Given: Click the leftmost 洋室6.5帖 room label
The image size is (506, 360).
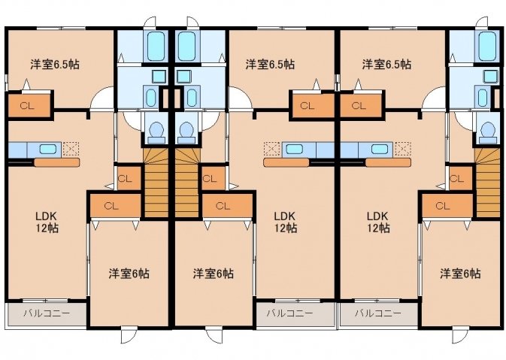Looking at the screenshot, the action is click(x=55, y=65).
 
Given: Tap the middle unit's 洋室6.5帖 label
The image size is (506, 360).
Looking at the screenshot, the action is click(x=270, y=65).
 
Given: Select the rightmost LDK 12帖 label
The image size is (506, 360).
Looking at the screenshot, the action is click(x=377, y=222).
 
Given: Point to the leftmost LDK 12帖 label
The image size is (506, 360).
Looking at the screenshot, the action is click(x=47, y=222).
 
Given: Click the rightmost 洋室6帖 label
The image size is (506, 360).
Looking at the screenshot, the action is click(x=460, y=274).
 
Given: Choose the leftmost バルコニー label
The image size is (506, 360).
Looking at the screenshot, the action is click(x=47, y=313).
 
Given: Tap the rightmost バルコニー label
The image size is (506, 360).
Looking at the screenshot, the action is click(x=378, y=313).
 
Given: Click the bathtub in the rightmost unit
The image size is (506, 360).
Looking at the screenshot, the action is click(x=487, y=46).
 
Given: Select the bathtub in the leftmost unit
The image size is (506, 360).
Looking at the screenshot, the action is click(x=156, y=46).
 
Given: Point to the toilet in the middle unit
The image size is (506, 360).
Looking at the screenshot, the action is click(x=186, y=132).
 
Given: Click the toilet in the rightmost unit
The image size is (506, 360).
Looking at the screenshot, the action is click(x=488, y=132).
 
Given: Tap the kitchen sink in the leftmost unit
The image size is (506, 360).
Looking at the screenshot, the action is click(x=48, y=149).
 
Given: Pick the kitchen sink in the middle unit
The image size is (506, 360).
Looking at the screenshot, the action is click(x=294, y=149).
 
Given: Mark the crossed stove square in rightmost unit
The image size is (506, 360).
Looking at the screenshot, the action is click(x=403, y=149).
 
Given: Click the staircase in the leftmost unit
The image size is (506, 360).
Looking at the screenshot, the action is click(x=156, y=183).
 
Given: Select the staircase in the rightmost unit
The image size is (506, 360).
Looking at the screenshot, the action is click(x=487, y=183).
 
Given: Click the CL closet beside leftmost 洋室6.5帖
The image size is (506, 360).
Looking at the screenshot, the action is click(x=29, y=105).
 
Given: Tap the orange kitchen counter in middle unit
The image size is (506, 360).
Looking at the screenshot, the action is click(x=286, y=162).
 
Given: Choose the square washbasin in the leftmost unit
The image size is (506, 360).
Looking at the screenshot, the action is click(x=159, y=77).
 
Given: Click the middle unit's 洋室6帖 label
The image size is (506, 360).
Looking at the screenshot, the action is click(x=214, y=274).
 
